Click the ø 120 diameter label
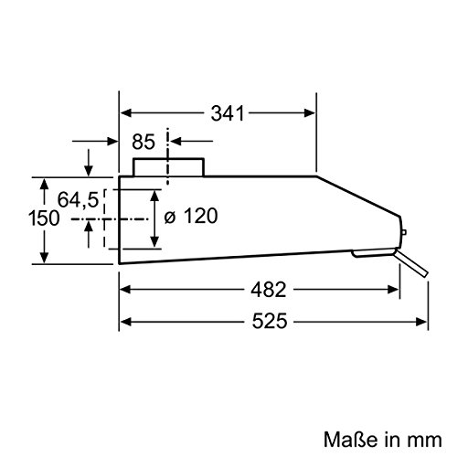coord(194,218)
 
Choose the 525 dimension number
coord(265,322)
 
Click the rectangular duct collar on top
coord(168,167)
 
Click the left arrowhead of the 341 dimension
coord(126,113)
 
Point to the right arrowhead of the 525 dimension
coord(426,322)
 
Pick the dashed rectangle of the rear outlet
coord(112,218)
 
